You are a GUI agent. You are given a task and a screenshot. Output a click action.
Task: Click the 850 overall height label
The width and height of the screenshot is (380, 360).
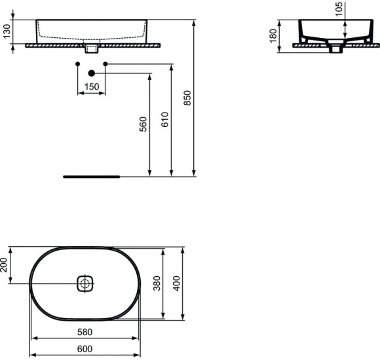tap(187, 98)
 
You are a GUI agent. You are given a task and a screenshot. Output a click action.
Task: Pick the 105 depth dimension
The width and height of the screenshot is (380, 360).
tap(339, 9)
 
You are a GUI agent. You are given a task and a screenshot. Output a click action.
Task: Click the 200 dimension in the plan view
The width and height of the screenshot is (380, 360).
tap(5, 265)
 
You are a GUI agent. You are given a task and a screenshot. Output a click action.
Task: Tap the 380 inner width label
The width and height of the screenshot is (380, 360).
tap(157, 283)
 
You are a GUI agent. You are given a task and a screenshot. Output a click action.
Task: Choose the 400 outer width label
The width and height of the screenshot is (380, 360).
tap(176, 283)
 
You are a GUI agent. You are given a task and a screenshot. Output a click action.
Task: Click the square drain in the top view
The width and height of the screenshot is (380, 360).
tap(85, 283)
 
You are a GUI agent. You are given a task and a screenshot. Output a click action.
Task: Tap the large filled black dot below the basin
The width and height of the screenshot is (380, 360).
tap(91, 73)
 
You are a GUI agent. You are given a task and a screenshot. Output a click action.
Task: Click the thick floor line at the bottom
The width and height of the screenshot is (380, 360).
tap(92, 176)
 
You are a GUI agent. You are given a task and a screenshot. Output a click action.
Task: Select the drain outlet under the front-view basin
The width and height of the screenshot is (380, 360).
tap(91, 49)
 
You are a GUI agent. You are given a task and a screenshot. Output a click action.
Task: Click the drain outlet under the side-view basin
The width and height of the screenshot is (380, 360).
tap(337, 48)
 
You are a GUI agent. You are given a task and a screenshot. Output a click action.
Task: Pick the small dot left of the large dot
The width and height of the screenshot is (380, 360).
tap(77, 63)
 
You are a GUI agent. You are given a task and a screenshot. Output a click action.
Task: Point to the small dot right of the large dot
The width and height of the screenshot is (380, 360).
tap(105, 63)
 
